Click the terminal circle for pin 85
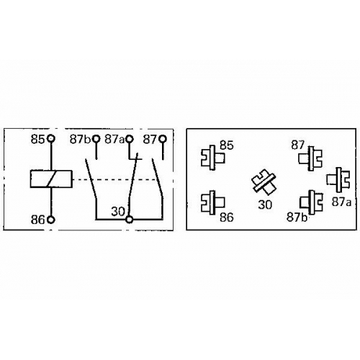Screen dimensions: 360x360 click(51, 139)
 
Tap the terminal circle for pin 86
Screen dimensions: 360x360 click(51, 220)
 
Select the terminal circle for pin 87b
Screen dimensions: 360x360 click(96, 139)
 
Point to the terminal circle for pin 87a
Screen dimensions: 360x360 click(130, 139)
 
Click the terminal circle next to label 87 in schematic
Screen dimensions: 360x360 click(163, 139)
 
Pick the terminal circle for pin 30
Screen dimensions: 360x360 click(130, 219)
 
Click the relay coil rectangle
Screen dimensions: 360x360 click(51, 179)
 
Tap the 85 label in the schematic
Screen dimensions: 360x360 click(37, 139)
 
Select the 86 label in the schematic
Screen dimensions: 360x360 click(37, 220)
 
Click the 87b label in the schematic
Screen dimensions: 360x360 click(81, 139)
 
